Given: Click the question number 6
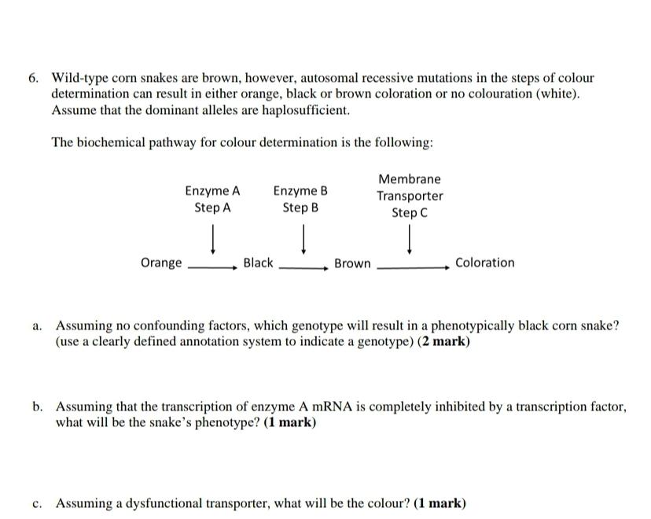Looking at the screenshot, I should [x=32, y=79].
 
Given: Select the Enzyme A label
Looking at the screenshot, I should [x=212, y=191].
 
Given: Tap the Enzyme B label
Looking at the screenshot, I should [x=300, y=191].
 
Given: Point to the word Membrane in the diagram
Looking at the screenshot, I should [x=410, y=179].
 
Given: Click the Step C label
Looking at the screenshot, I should [x=410, y=213].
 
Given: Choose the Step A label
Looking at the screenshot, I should [x=212, y=208].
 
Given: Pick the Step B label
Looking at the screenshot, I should [x=300, y=208].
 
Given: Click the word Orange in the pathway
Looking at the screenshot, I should [x=161, y=263].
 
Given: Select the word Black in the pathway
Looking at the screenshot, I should [x=258, y=263].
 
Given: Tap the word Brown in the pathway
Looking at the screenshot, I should [x=352, y=263].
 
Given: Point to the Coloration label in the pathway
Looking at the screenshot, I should [x=485, y=263].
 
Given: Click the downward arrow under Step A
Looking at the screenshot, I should [x=212, y=237].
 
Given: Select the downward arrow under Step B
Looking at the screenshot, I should [x=303, y=237].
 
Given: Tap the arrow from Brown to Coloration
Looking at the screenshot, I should [x=413, y=267].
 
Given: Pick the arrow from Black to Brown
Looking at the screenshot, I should [x=303, y=267].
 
